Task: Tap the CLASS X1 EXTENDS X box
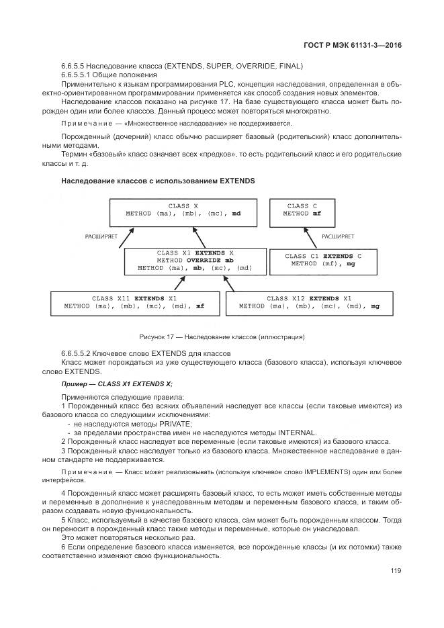pos(195,261)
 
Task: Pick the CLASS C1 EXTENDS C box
pos(323,261)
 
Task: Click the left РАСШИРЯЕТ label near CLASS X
pos(101,236)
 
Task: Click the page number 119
pos(395,571)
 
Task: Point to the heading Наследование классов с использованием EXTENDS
pos(157,181)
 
